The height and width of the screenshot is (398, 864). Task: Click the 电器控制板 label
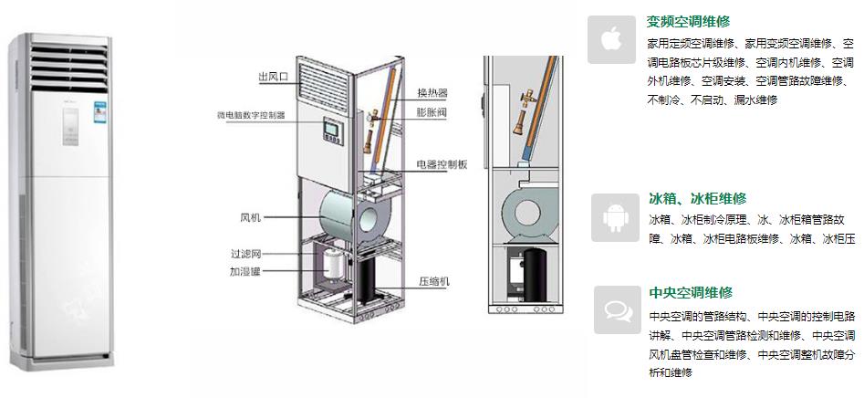pos(442,164)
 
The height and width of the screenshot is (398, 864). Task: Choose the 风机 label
pos(250,217)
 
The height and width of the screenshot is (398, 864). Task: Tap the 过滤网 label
pos(246,253)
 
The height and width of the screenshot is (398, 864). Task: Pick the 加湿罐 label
pos(246,271)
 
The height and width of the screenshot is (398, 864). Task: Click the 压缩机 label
pos(433,281)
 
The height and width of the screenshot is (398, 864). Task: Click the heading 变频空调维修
pos(689,21)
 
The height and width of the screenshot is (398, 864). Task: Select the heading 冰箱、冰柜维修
pos(697,198)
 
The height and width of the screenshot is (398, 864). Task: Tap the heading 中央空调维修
pos(691,293)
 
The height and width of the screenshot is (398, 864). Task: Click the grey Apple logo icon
pos(611,38)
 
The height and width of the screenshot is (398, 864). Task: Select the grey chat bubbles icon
pos(617,309)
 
